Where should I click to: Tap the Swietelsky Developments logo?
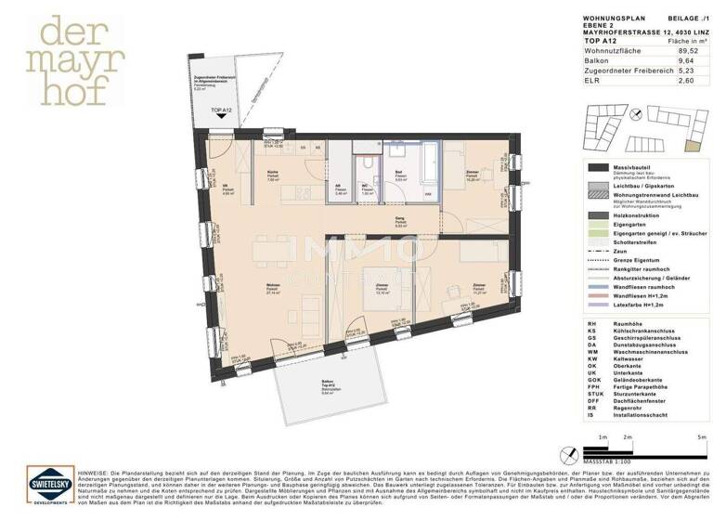pos(44,486)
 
